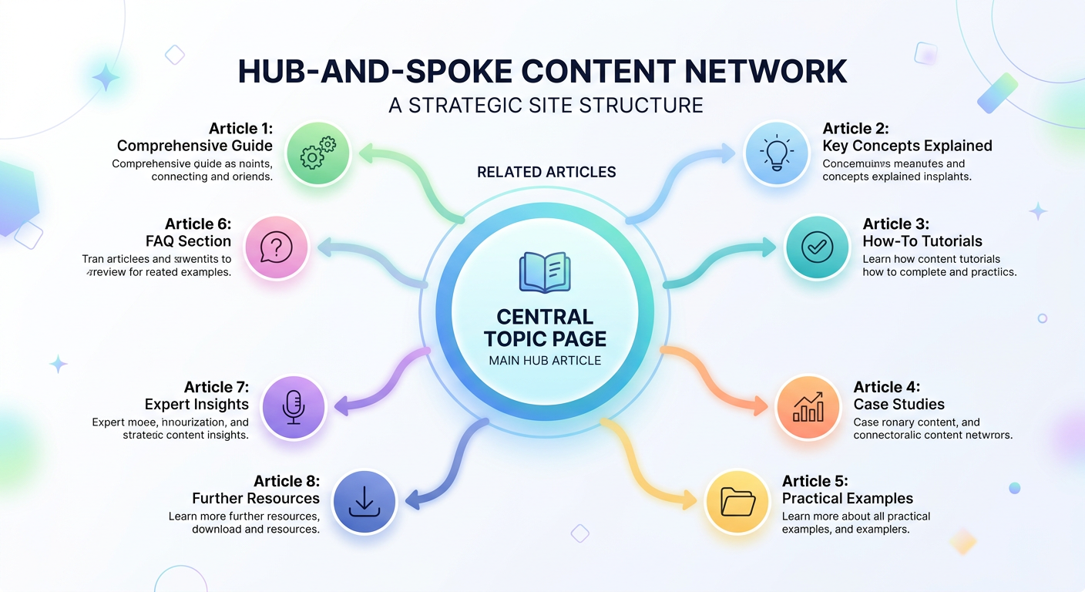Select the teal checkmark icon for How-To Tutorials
coord(817,247)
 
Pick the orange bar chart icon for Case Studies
coord(808,407)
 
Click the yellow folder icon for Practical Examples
coord(738,502)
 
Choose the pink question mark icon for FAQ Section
coord(275,247)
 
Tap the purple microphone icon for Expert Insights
coord(294,407)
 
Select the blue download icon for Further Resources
coord(364,502)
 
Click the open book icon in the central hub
coord(544,272)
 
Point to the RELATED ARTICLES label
coord(546,172)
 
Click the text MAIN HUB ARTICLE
coord(545,360)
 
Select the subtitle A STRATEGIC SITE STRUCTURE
coord(546,105)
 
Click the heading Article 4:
coord(886,387)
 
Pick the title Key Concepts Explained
coord(907,146)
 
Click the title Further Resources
coord(255,498)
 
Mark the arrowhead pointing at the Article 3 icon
coord(769,247)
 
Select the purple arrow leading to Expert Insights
coord(378,381)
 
